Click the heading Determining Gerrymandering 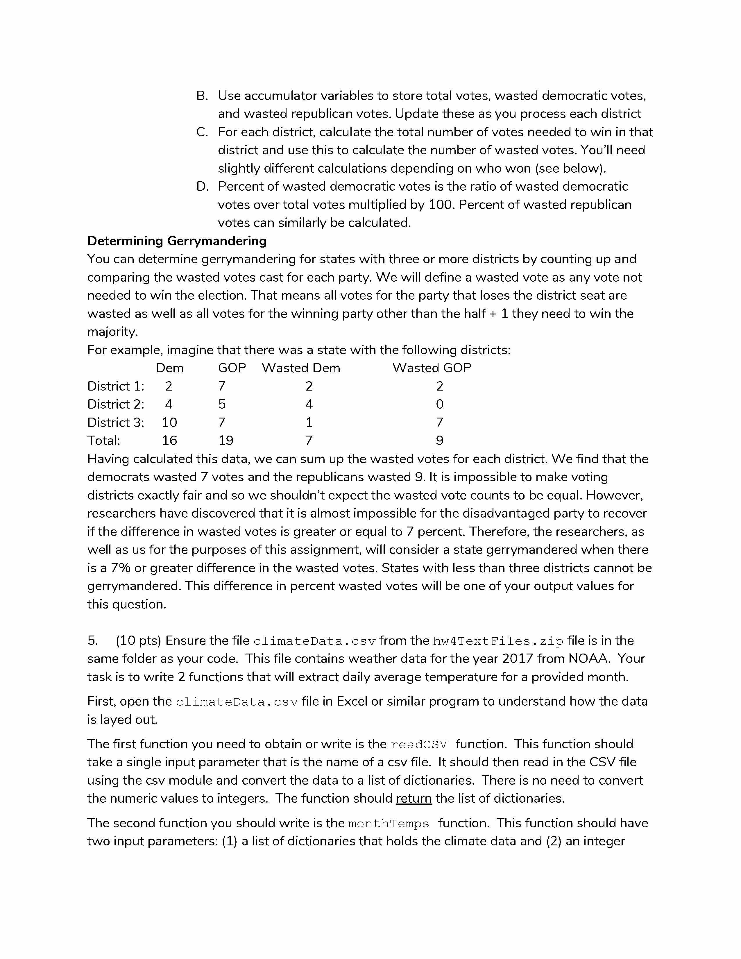tap(177, 241)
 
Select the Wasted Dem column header tap(301, 368)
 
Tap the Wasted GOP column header tap(432, 368)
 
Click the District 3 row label tap(115, 423)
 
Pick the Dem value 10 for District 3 tap(169, 423)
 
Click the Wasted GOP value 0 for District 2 tap(439, 404)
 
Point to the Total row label tap(104, 441)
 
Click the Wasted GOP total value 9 tap(439, 441)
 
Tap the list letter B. tap(202, 96)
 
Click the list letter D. tap(202, 187)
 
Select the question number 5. tap(93, 641)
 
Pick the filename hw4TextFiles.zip tap(498, 642)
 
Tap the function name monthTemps tap(389, 824)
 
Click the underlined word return tap(414, 798)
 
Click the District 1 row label tap(115, 387)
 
